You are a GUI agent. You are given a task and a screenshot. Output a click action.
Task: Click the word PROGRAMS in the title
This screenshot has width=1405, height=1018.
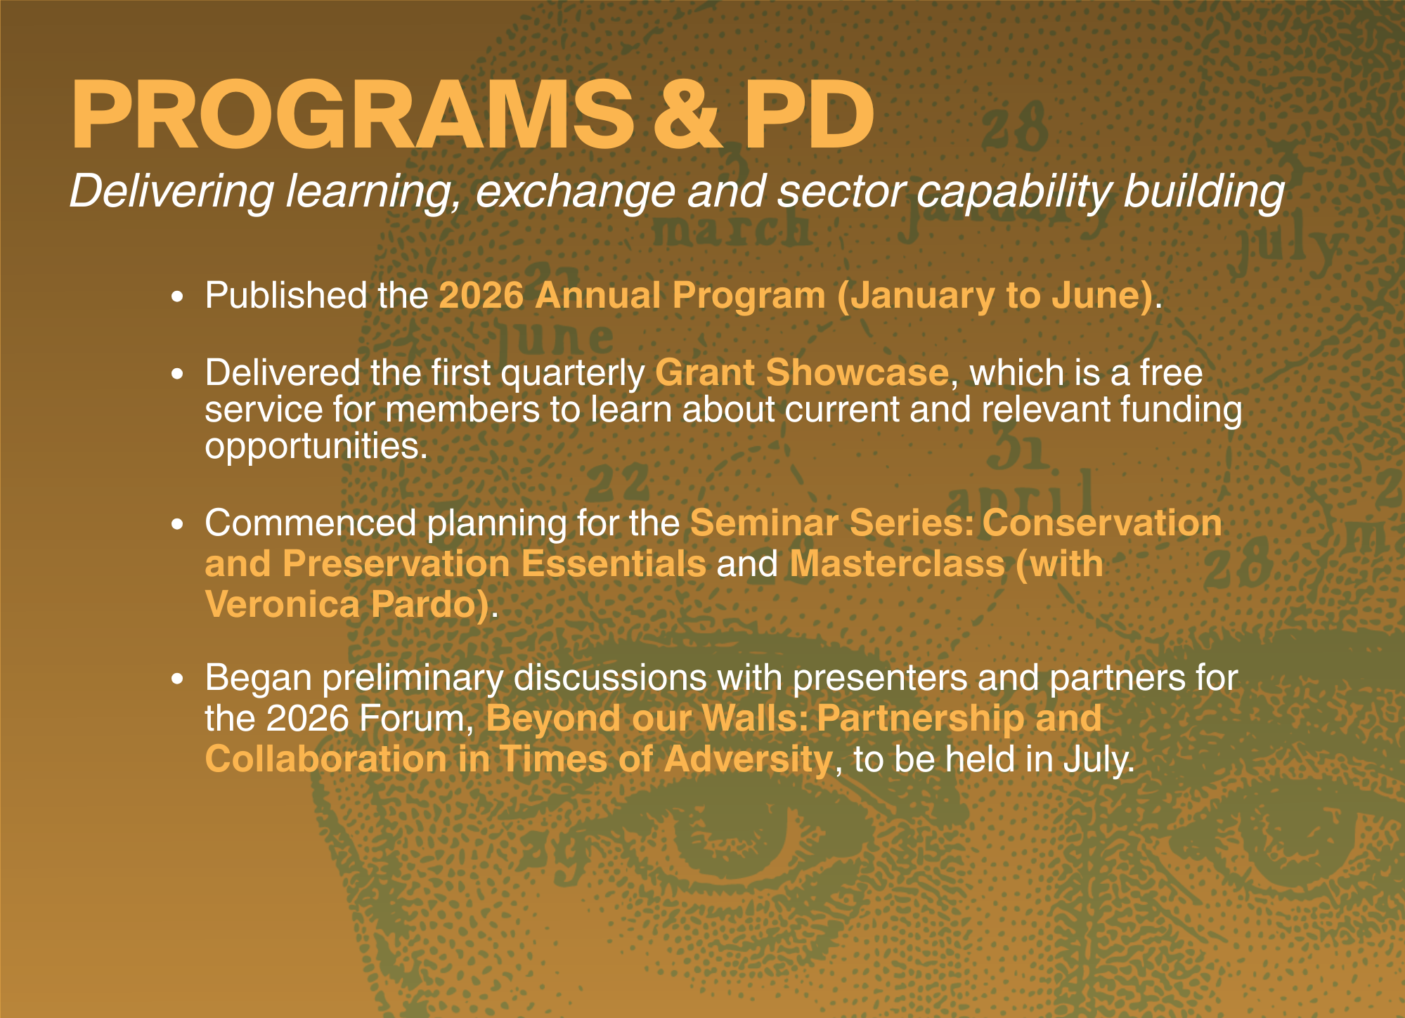point(351,116)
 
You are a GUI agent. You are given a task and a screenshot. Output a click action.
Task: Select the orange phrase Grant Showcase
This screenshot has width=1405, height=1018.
point(801,372)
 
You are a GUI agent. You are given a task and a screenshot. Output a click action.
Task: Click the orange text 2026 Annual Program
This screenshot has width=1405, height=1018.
point(632,295)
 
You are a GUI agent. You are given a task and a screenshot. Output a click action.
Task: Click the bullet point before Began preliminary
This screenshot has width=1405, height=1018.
point(178,679)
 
